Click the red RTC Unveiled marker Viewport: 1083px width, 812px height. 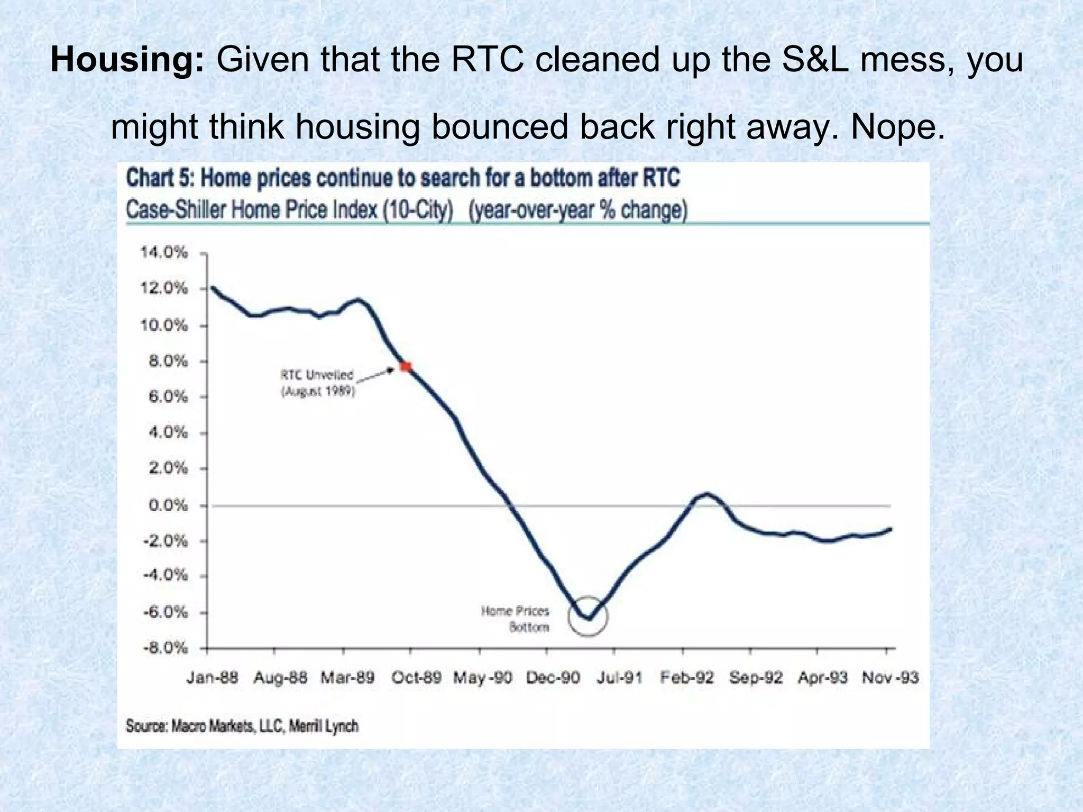tap(406, 366)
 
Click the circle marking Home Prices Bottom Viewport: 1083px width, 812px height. tap(588, 616)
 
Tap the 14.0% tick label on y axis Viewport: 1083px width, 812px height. tap(164, 253)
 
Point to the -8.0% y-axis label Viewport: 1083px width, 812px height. tap(164, 648)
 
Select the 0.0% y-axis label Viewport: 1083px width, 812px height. tap(168, 505)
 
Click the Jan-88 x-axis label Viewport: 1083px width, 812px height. tap(212, 678)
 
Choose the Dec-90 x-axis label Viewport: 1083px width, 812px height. tap(553, 678)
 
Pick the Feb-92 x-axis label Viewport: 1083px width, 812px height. tap(687, 678)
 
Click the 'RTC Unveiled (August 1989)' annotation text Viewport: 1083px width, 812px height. tap(317, 383)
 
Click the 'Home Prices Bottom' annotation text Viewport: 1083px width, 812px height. tap(515, 619)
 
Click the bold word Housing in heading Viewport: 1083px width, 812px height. tap(127, 60)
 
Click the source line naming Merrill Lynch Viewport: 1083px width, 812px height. tap(242, 726)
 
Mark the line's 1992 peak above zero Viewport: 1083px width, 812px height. tap(706, 494)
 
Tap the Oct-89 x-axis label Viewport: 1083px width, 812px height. tap(416, 678)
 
